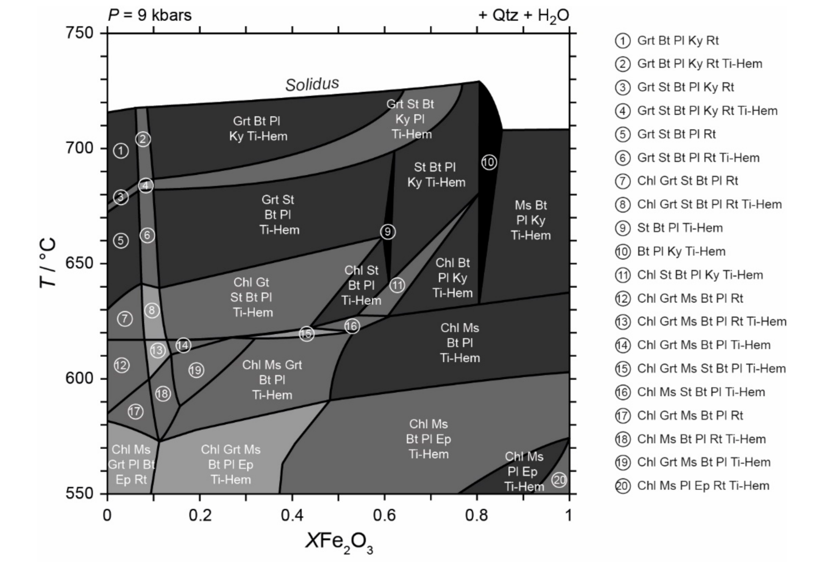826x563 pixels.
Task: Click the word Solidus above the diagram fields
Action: click(x=312, y=84)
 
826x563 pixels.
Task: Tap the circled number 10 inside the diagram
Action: click(x=489, y=162)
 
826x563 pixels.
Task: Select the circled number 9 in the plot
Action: click(x=387, y=232)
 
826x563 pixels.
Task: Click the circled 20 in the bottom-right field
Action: click(x=559, y=480)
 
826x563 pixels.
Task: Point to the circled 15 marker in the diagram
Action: click(x=306, y=334)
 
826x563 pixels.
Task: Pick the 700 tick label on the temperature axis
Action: click(x=79, y=148)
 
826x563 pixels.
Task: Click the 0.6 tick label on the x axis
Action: click(x=384, y=515)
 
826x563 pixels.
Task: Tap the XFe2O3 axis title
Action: click(x=339, y=542)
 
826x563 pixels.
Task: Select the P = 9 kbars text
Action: click(x=150, y=15)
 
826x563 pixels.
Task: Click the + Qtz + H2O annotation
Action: click(x=523, y=16)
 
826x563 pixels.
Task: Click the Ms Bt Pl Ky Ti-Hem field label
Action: click(x=531, y=220)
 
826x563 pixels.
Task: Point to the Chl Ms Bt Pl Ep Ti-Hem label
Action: click(x=428, y=439)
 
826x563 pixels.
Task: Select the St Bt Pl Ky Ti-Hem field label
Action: click(x=436, y=175)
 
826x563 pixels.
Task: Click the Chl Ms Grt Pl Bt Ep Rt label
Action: click(x=131, y=464)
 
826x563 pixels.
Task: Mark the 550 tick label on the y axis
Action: click(x=79, y=493)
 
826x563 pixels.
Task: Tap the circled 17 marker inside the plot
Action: click(x=135, y=411)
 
